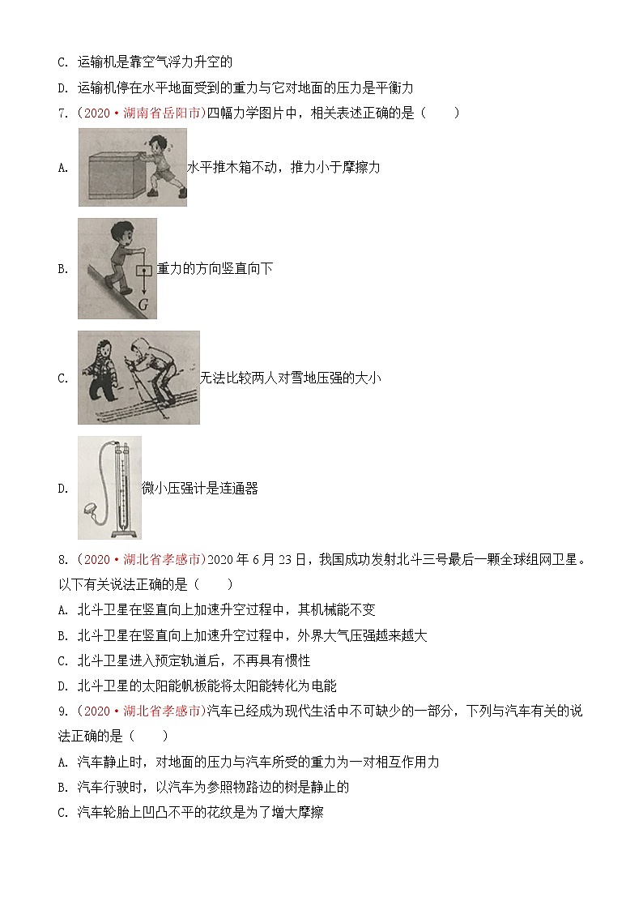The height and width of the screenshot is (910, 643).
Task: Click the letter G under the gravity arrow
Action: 143,305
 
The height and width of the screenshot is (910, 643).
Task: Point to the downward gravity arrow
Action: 143,280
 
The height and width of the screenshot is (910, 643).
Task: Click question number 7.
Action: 64,113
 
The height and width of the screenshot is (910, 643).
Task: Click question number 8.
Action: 64,560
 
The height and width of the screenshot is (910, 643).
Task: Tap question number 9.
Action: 64,711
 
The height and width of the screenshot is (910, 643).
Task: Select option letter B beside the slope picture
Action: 63,269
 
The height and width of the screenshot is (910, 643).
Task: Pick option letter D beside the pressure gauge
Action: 63,488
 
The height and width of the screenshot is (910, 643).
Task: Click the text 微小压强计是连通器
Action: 200,488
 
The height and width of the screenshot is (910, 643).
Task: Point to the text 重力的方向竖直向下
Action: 215,269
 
